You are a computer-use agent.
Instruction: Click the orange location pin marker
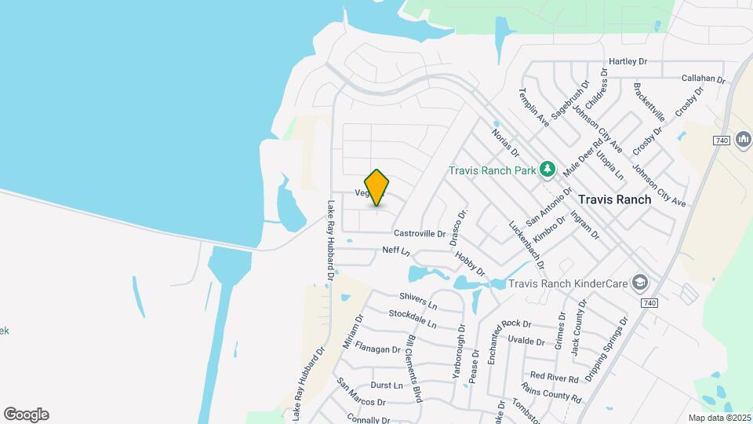coord(376,187)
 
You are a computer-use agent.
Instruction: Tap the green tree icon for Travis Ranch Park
coord(547,170)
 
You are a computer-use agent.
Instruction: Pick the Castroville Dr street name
coord(419,233)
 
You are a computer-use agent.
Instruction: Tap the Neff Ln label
coord(396,250)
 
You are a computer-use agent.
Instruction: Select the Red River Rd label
coord(554,378)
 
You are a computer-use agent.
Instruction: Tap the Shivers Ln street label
coord(417,300)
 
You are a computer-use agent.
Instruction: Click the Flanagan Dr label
coord(377,348)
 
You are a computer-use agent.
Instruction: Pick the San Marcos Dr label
coord(361,392)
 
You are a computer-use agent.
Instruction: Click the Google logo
coord(26,415)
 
